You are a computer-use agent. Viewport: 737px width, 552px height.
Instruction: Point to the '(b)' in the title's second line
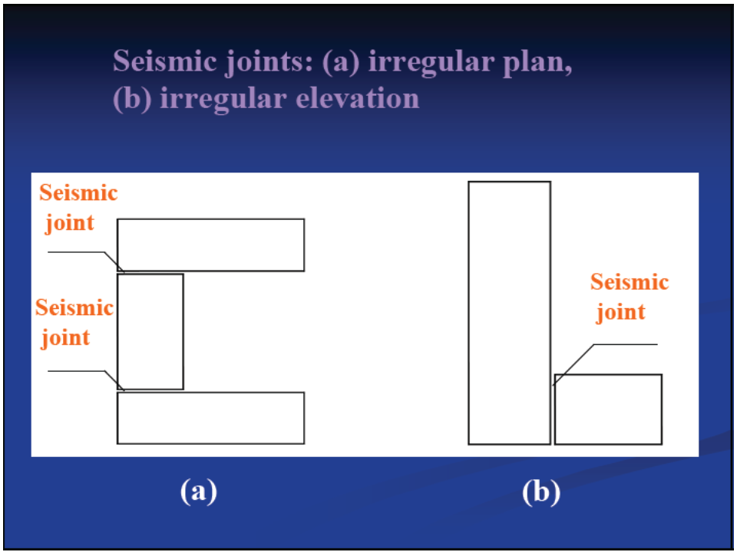(132, 99)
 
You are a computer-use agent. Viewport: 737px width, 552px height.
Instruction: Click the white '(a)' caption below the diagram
(198, 491)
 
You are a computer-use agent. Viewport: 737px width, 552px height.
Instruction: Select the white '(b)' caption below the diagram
(541, 491)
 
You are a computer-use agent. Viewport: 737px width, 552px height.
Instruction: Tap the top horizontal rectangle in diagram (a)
(210, 245)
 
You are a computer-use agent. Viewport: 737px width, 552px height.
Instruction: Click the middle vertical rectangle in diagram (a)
(150, 331)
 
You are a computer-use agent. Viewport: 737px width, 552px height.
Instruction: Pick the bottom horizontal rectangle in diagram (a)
(210, 418)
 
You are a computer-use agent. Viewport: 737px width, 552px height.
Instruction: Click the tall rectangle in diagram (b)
(509, 313)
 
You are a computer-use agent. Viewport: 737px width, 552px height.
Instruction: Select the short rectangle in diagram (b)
(608, 409)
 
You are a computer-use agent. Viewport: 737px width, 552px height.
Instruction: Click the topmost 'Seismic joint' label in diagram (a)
(78, 207)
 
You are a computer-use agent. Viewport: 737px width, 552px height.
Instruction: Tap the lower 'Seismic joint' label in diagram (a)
(74, 323)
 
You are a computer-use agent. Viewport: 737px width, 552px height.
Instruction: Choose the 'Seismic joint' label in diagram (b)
(628, 297)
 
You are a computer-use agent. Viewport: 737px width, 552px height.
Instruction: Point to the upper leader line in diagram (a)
(84, 252)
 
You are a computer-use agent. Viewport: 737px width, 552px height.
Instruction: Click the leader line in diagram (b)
(622, 345)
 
